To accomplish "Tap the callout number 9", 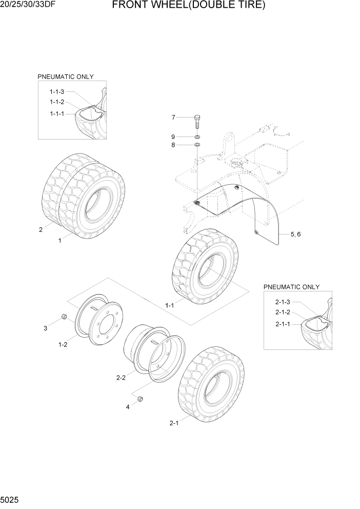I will [x=173, y=136].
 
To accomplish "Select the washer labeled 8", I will [x=197, y=146].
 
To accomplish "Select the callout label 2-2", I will [x=121, y=378].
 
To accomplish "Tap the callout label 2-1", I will [x=173, y=423].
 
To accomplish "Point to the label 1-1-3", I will [x=56, y=91].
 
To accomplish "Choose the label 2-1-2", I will [x=283, y=312].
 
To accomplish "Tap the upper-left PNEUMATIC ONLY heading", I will [x=65, y=76].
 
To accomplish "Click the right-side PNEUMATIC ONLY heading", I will [x=291, y=287].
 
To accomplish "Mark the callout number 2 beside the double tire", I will [x=41, y=229].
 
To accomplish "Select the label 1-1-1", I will [x=56, y=113].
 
